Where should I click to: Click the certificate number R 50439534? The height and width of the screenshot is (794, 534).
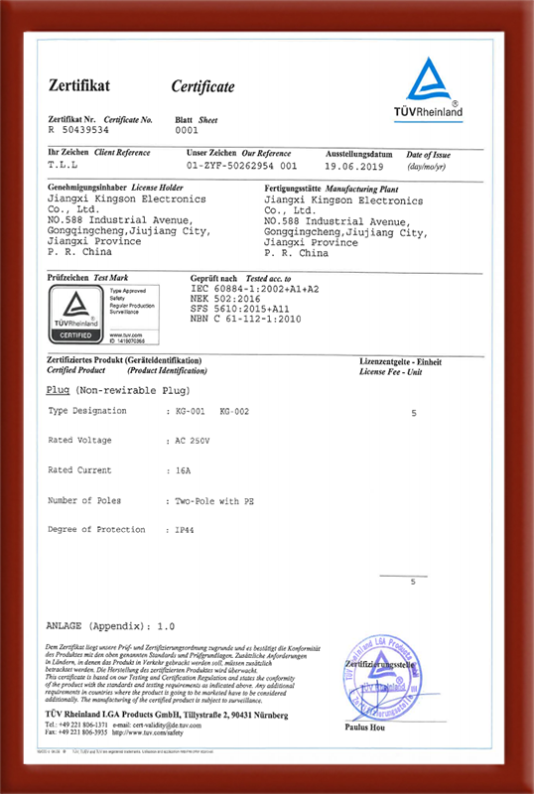pos(80,130)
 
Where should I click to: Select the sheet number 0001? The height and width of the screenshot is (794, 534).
pos(187,130)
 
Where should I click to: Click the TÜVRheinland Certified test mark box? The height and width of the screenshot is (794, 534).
pos(74,314)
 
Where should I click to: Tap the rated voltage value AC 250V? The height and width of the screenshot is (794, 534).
pos(194,439)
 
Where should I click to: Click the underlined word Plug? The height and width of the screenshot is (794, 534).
pos(58,390)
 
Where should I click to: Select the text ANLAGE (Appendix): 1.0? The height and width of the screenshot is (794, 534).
pos(110,627)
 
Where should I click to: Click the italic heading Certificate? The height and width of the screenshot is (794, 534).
pos(202,87)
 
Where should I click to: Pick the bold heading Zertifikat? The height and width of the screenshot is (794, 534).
pos(74,87)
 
